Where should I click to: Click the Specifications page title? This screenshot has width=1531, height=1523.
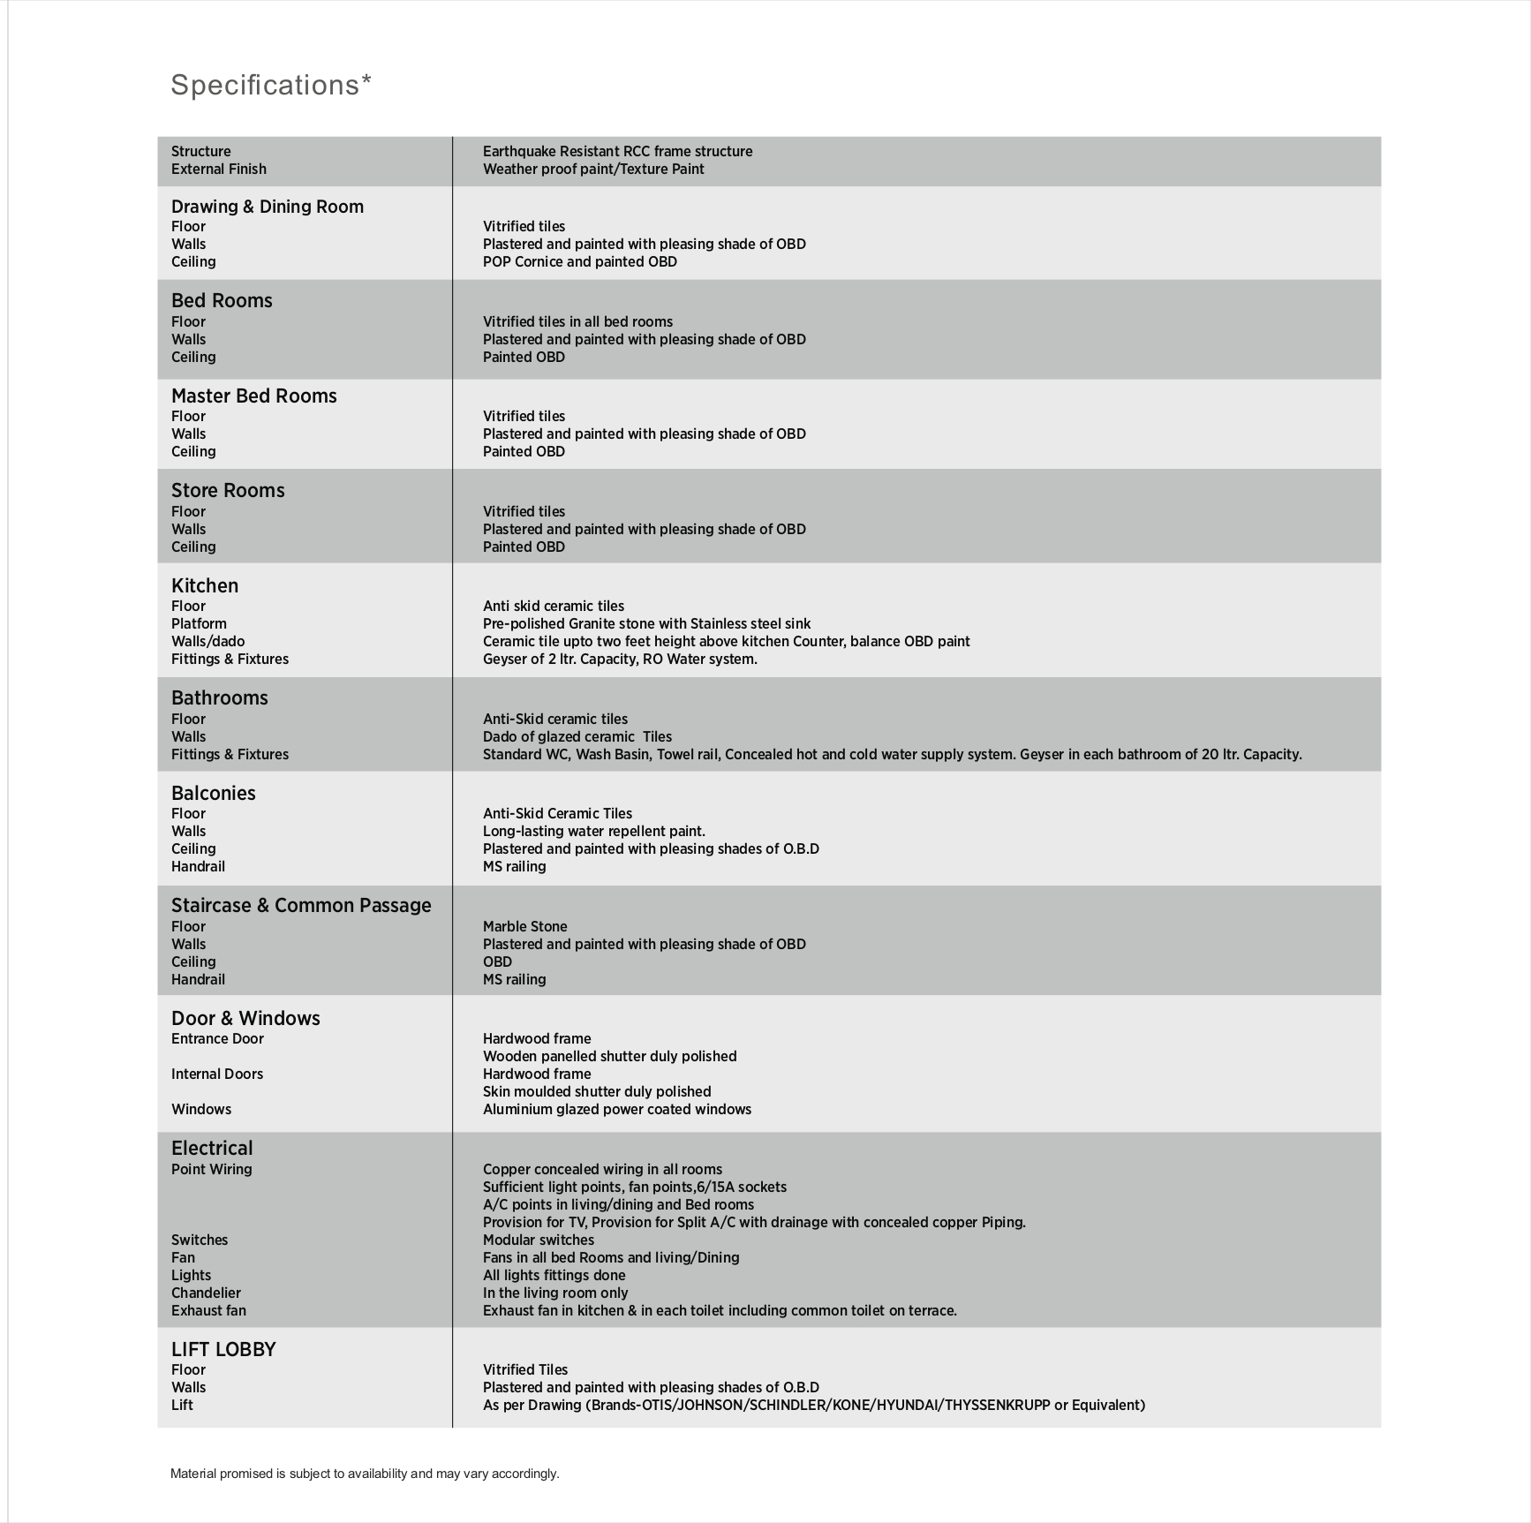click(x=270, y=85)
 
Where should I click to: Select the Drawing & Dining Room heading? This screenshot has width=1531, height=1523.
click(x=267, y=207)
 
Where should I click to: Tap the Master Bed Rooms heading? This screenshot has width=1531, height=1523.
click(x=253, y=396)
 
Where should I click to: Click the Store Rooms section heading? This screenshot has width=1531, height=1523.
click(x=228, y=490)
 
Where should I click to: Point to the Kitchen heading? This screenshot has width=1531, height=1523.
click(x=204, y=585)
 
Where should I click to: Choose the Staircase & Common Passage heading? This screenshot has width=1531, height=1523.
click(x=300, y=905)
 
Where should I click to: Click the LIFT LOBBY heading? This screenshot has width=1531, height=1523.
click(x=223, y=1349)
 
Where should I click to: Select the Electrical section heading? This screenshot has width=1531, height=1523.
click(x=212, y=1148)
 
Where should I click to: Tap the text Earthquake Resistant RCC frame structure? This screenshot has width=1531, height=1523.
click(x=617, y=152)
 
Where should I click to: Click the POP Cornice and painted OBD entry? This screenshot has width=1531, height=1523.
click(x=579, y=262)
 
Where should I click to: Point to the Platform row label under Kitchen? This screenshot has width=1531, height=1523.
click(x=199, y=624)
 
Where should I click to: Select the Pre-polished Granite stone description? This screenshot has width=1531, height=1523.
click(x=646, y=624)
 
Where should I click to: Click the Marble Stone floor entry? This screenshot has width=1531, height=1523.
click(x=524, y=927)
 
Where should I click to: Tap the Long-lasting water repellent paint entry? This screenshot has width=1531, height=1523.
click(x=593, y=832)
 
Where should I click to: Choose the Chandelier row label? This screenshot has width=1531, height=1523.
click(x=206, y=1293)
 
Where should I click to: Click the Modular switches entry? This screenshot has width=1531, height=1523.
click(x=538, y=1240)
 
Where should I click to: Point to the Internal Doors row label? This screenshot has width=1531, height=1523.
click(x=216, y=1074)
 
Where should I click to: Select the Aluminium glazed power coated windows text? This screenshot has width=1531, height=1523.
click(x=616, y=1110)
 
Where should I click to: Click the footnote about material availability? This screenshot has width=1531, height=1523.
click(x=365, y=1474)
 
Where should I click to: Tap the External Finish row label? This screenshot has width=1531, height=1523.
click(x=218, y=170)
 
